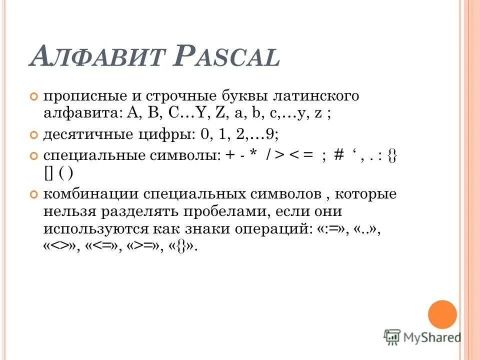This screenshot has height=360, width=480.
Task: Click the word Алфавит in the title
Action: pos(97,56)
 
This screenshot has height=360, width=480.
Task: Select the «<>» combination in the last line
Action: pos(59,247)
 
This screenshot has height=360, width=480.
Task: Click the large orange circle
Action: pos(442,314)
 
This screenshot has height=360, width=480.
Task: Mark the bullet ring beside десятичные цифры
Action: pos(34,135)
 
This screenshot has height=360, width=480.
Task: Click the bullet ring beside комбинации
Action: pos(34,194)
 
